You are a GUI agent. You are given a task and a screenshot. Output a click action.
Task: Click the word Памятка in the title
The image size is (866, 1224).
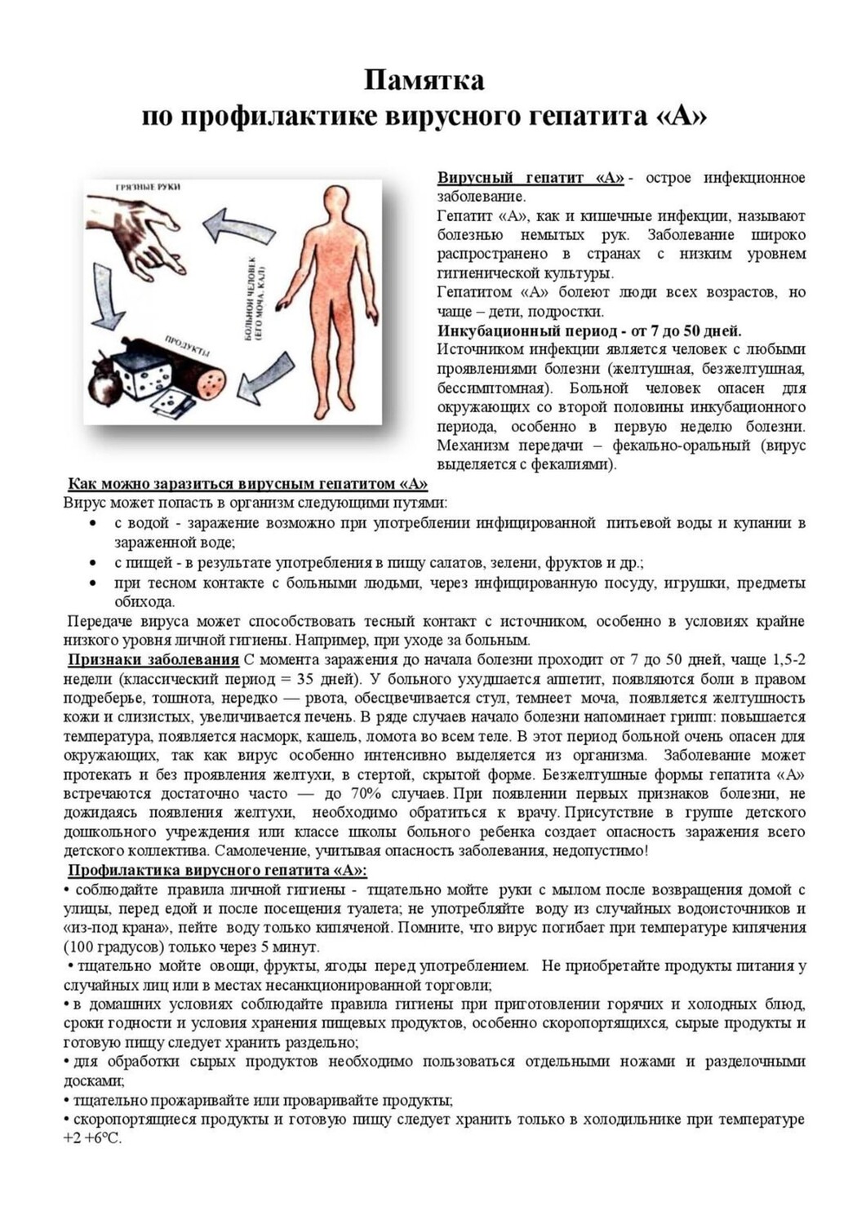(424, 81)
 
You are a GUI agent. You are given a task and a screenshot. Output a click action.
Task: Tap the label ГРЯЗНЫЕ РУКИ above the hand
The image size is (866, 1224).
(148, 188)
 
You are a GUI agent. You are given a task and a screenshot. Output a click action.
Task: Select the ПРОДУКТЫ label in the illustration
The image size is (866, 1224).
(187, 347)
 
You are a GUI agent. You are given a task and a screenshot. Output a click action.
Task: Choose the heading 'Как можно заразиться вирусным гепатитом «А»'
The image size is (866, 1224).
(247, 483)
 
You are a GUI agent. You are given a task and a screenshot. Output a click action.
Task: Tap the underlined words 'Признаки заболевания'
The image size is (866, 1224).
(153, 659)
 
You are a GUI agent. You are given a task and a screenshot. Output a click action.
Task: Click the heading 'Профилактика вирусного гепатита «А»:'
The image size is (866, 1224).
(217, 870)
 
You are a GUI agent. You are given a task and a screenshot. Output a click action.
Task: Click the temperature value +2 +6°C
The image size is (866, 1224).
(92, 1138)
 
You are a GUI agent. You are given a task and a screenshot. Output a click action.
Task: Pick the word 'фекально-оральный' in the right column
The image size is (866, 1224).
(682, 446)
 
